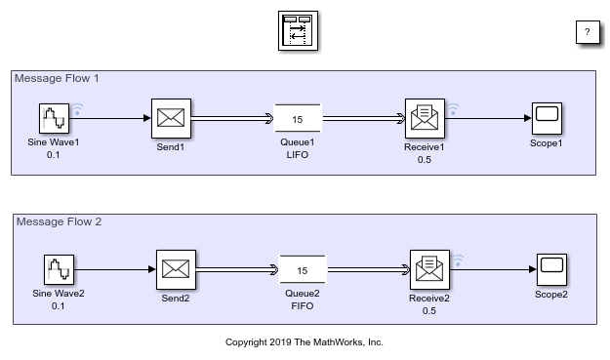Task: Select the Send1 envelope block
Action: tap(171, 118)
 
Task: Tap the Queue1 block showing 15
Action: tap(298, 118)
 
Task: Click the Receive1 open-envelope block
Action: tap(425, 118)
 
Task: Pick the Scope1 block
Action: tap(547, 118)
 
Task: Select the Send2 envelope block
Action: tap(176, 269)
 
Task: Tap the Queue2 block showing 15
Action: tap(303, 270)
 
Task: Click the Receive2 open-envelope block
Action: tap(429, 269)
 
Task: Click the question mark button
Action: tap(587, 32)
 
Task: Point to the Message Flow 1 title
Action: tap(57, 78)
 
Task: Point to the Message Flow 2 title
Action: tap(60, 221)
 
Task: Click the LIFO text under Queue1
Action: tap(298, 154)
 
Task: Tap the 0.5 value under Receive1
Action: tap(425, 160)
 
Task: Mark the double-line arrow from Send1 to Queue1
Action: tap(232, 118)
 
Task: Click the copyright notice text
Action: tap(305, 342)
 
